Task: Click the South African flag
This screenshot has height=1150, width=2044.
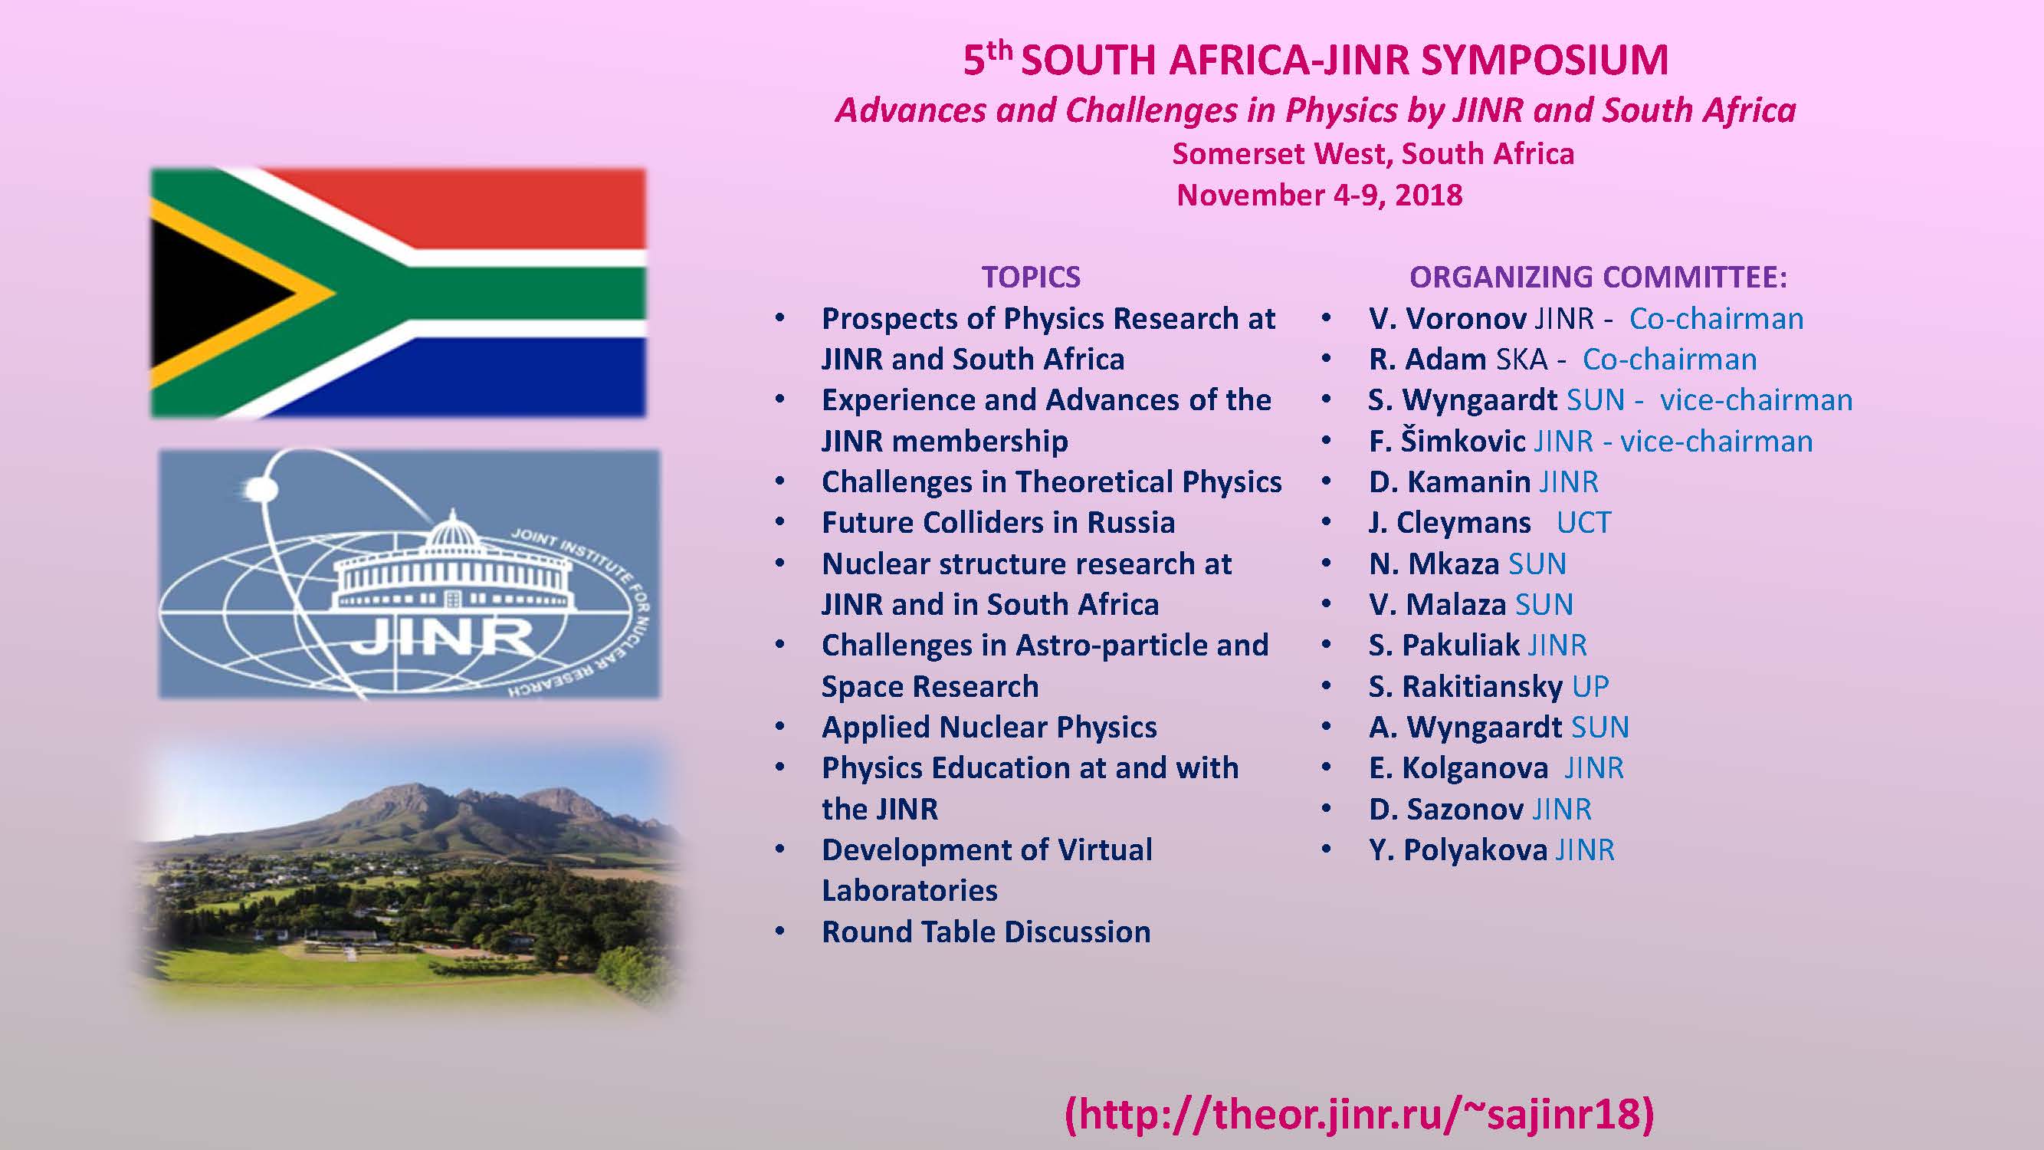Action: [399, 293]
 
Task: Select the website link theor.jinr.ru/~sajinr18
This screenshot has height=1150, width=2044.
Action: [1360, 1113]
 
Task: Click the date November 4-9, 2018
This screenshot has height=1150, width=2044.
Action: [1319, 195]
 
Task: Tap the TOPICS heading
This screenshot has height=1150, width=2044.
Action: [1031, 277]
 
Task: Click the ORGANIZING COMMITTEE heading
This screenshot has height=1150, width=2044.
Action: [1598, 277]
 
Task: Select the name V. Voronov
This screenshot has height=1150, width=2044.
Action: [1447, 318]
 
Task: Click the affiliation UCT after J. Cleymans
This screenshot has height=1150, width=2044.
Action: [1584, 522]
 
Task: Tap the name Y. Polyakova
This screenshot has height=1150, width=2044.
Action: [1458, 850]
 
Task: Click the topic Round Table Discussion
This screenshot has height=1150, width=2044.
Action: [986, 932]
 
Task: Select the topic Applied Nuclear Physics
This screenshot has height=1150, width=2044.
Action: [989, 728]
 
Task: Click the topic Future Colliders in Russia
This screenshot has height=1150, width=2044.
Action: [998, 523]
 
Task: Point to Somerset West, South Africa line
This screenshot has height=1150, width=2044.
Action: [1373, 154]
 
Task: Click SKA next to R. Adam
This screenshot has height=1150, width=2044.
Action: [1521, 360]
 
